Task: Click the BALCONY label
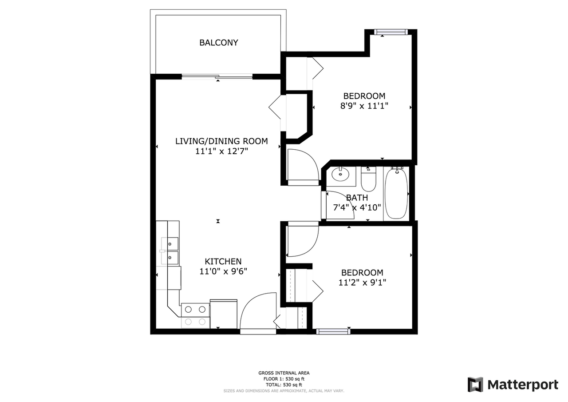pyautogui.click(x=218, y=43)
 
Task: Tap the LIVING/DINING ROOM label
pyautogui.click(x=221, y=141)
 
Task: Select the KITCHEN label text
pyautogui.click(x=223, y=262)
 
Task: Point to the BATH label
pyautogui.click(x=357, y=198)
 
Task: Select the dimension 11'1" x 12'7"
pyautogui.click(x=221, y=151)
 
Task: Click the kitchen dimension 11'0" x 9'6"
pyautogui.click(x=223, y=271)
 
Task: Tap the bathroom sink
pyautogui.click(x=341, y=174)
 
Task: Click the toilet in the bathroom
pyautogui.click(x=368, y=179)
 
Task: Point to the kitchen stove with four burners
pyautogui.click(x=196, y=315)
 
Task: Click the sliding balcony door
pyautogui.click(x=217, y=76)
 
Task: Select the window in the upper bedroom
pyautogui.click(x=390, y=32)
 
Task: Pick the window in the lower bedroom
pyautogui.click(x=333, y=331)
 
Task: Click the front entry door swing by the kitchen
pyautogui.click(x=257, y=311)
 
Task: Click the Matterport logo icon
pyautogui.click(x=475, y=384)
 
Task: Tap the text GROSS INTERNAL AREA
pyautogui.click(x=284, y=373)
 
